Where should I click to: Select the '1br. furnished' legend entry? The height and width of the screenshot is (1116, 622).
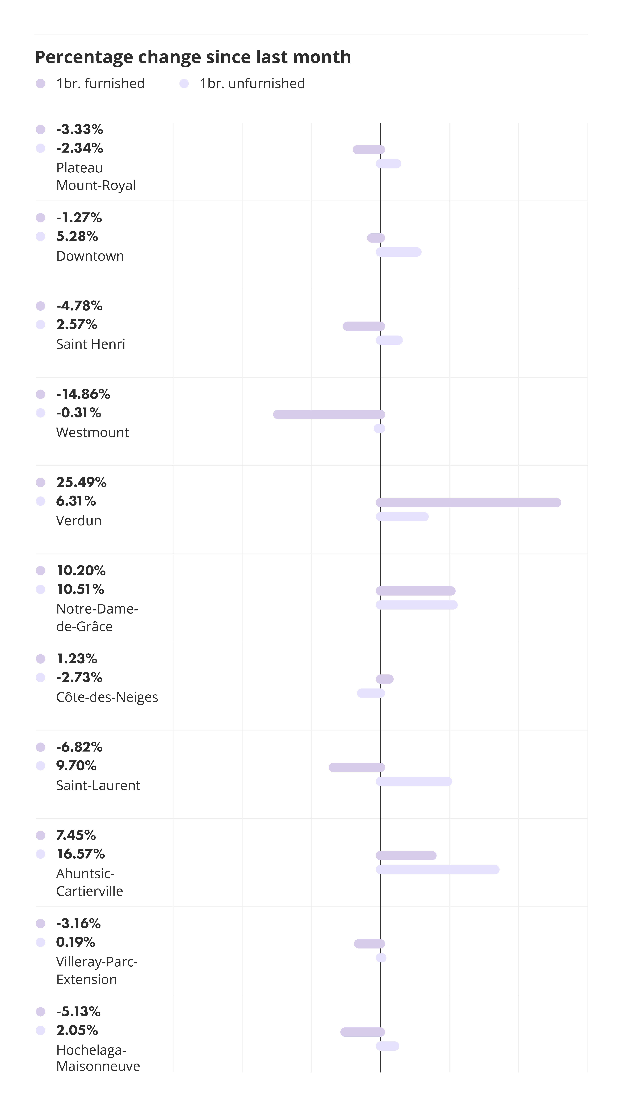90,83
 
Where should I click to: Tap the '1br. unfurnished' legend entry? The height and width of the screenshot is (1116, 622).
242,83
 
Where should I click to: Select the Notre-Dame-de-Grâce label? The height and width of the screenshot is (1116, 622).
97,617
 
